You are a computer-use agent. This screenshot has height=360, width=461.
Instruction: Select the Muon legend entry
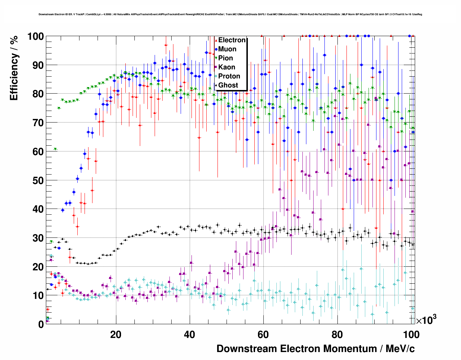click(x=227, y=49)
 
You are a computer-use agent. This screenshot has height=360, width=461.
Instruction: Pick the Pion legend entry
click(x=225, y=58)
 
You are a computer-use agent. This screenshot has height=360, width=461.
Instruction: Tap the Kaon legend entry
click(x=227, y=67)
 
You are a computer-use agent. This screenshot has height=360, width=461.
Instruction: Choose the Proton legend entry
click(x=229, y=76)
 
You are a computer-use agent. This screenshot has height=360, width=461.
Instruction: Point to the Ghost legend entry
click(x=228, y=85)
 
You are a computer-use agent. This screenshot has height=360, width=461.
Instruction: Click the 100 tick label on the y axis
click(x=35, y=37)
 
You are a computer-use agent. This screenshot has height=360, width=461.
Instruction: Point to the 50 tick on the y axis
click(x=38, y=180)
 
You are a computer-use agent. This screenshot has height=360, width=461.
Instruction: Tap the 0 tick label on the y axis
click(x=41, y=324)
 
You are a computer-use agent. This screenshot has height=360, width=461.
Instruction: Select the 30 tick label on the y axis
click(x=38, y=238)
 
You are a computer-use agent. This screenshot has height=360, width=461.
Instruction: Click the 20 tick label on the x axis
click(x=116, y=335)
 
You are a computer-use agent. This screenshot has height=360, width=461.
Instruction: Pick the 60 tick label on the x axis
click(x=263, y=335)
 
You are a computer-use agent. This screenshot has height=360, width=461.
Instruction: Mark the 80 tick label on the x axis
click(x=337, y=335)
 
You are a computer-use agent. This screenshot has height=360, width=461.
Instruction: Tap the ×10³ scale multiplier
click(x=426, y=320)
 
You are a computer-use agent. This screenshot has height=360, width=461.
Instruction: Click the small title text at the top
click(x=231, y=14)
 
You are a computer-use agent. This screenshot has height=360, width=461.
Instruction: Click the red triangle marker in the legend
click(x=216, y=40)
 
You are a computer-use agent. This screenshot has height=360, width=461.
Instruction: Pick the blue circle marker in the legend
click(x=216, y=49)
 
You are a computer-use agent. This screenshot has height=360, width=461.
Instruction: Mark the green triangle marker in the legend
click(x=216, y=58)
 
